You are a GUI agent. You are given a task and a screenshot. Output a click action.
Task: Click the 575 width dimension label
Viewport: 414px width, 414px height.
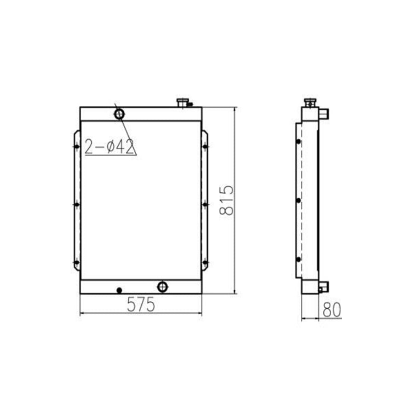pos(140,305)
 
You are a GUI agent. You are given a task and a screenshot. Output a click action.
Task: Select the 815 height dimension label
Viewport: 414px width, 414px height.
pos(226,201)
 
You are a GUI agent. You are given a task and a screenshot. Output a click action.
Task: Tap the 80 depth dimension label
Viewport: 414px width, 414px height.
pos(331,310)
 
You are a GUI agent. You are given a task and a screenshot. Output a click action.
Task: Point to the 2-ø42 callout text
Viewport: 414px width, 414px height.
pos(109,146)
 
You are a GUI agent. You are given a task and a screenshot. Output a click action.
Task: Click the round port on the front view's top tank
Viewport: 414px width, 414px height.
pos(119,113)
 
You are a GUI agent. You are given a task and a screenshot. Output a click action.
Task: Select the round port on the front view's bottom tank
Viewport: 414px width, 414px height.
pos(162,287)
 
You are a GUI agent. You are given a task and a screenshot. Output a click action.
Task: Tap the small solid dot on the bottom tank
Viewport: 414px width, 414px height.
pos(119,290)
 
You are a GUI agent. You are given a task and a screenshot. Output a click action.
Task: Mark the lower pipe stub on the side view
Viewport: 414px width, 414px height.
pos(323,287)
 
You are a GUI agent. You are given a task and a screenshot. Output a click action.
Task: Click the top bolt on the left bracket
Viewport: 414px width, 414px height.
pos(76,147)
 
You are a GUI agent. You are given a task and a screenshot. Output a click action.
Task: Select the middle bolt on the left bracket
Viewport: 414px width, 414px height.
pos(76,204)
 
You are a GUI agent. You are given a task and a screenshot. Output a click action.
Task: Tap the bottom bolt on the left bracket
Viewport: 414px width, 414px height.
pos(76,263)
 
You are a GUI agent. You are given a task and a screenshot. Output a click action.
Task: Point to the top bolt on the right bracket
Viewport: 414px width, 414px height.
pos(205,147)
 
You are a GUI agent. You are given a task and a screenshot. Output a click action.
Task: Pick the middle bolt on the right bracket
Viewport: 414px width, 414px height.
pos(205,204)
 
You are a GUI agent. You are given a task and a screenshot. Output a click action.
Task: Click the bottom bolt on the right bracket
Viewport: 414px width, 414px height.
pos(205,263)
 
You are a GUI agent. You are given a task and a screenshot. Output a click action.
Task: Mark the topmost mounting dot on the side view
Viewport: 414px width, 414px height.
pos(299,141)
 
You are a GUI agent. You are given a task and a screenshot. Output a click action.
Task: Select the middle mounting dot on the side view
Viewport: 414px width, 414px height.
pos(299,201)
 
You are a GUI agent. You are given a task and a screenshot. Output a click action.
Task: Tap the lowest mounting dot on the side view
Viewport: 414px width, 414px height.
pos(299,259)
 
